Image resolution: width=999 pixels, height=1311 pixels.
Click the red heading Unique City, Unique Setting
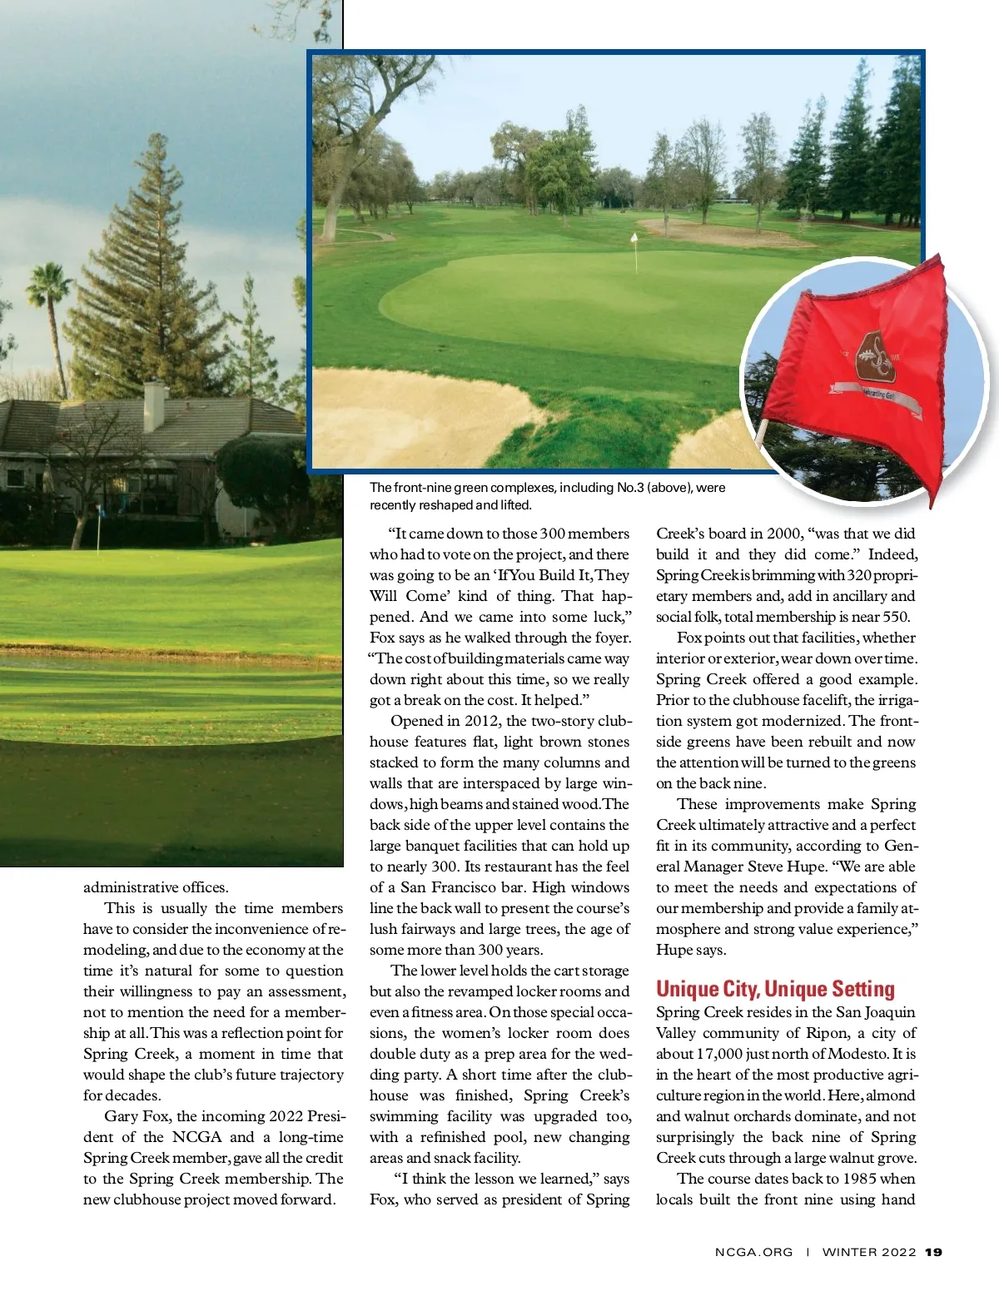[775, 989]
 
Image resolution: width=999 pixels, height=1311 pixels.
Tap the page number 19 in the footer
[933, 1252]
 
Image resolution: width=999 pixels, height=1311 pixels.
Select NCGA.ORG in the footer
[753, 1252]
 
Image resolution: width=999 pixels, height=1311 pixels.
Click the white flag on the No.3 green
[634, 240]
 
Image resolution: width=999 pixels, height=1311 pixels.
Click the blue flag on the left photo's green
[99, 509]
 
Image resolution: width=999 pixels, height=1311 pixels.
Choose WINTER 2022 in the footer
[869, 1252]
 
